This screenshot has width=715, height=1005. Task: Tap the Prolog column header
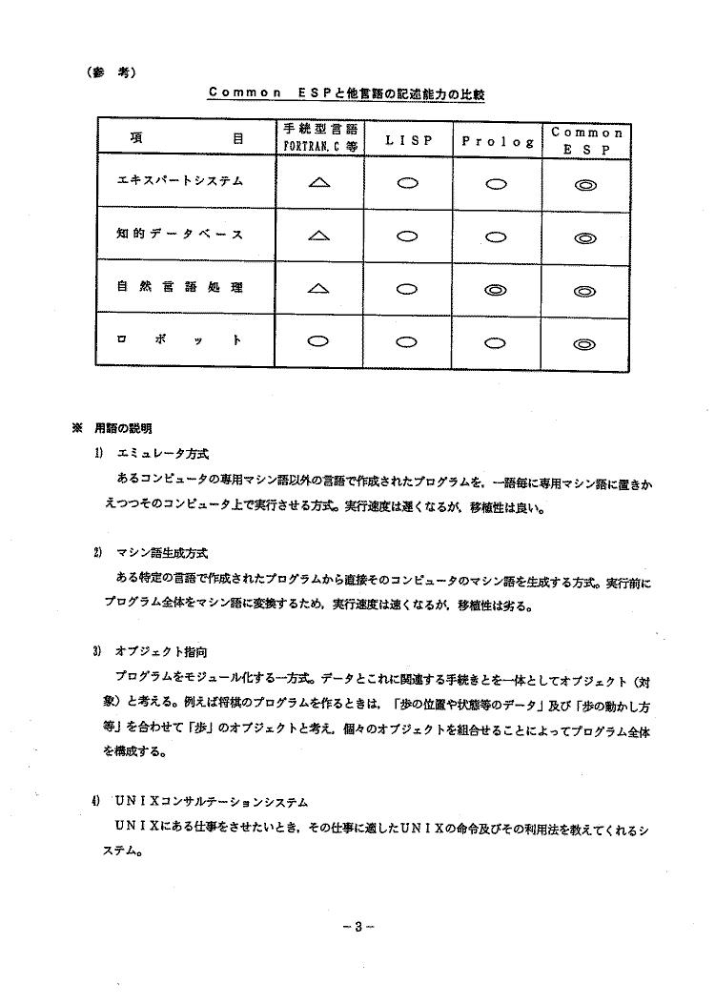[497, 141]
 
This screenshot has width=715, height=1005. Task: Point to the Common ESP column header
[586, 140]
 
